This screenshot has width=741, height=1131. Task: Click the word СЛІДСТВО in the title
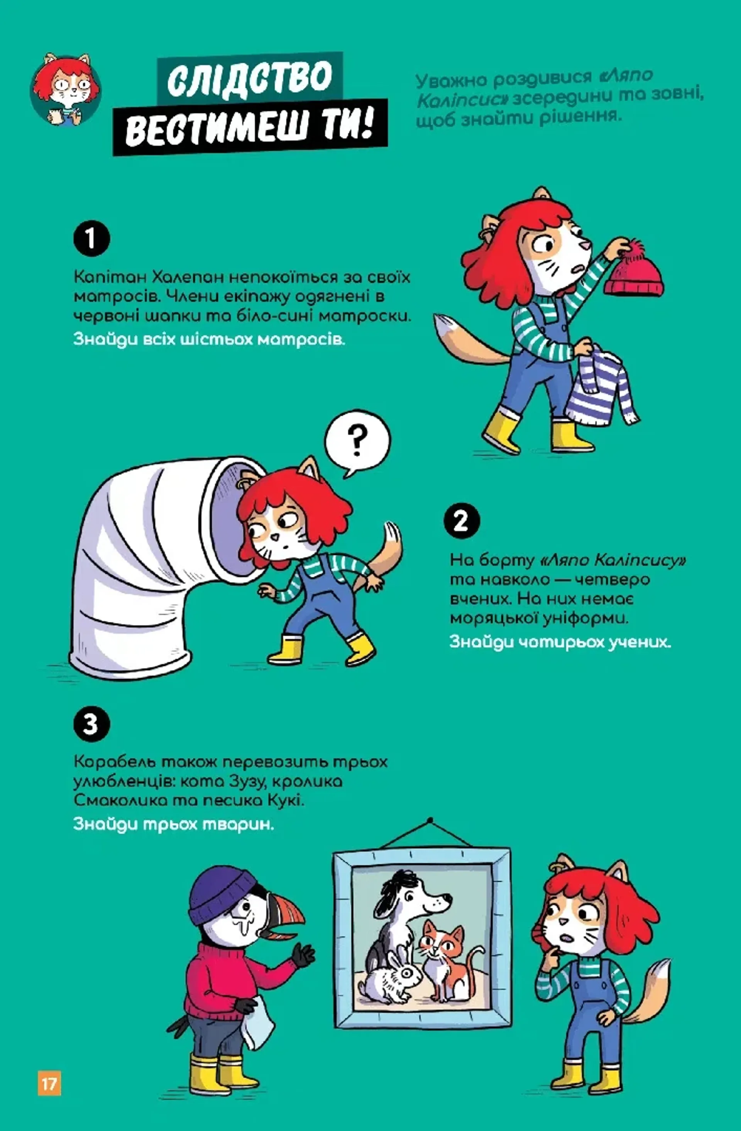tap(249, 78)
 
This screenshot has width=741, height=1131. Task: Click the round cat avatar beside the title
tap(66, 89)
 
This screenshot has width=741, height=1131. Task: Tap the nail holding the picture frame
tap(430, 820)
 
